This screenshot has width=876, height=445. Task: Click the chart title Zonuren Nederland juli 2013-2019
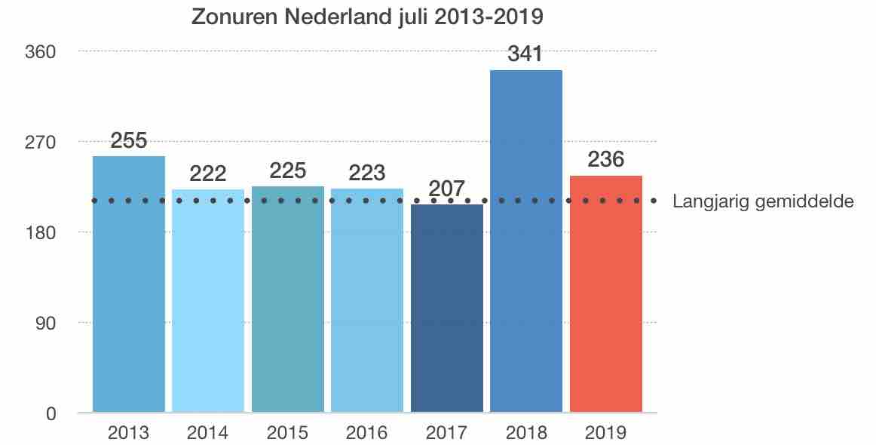(367, 17)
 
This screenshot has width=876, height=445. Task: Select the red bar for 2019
(606, 294)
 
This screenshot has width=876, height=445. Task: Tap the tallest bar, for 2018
(526, 241)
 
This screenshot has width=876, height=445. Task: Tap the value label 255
(129, 141)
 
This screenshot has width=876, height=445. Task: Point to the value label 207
(446, 189)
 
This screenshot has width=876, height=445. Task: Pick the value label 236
(606, 161)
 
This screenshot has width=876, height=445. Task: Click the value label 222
(208, 174)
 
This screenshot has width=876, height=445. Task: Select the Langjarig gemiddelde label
(763, 201)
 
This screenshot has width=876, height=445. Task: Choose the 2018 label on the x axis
(526, 433)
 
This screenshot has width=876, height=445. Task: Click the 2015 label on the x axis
(288, 433)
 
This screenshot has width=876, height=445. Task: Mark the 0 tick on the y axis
(52, 413)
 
